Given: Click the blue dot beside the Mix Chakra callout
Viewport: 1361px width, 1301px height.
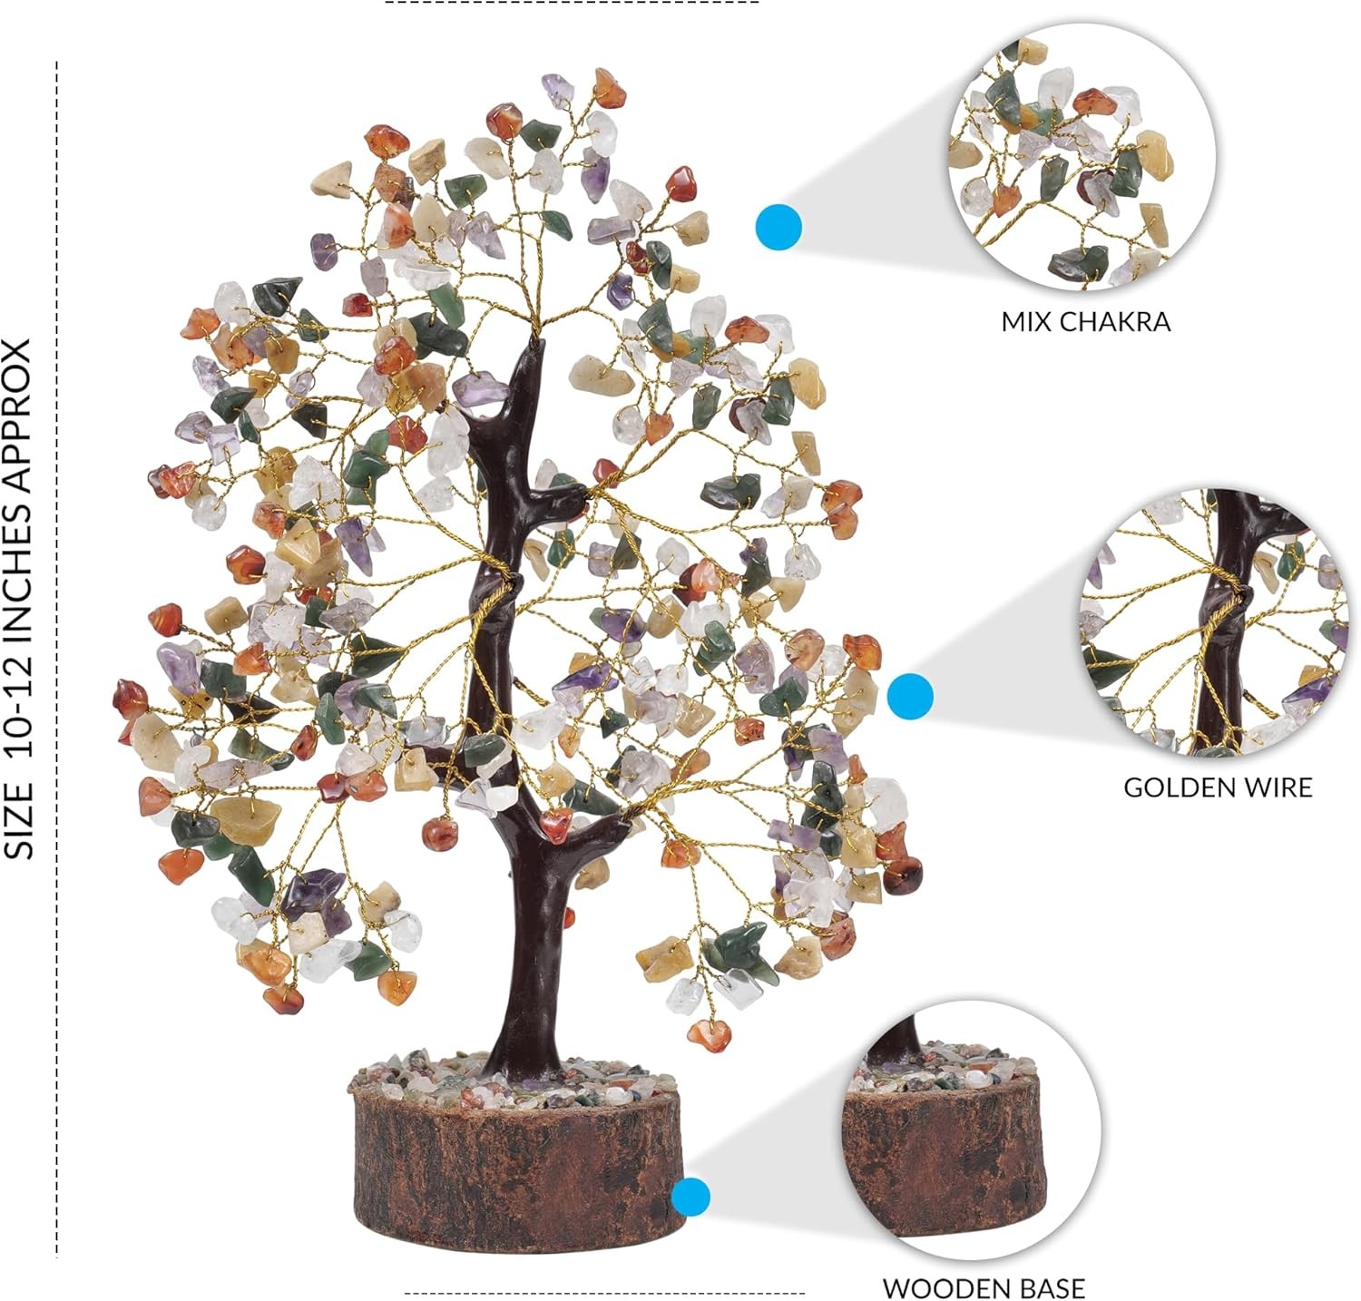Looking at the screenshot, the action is pos(778,227).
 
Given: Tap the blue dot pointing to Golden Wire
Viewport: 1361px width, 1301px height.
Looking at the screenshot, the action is pos(910,696).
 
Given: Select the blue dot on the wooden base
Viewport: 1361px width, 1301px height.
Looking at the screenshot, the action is pos(691,1197).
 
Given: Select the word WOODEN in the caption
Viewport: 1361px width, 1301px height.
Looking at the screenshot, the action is pos(945,1288).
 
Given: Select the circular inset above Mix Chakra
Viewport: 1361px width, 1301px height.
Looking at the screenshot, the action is pos(1082,156).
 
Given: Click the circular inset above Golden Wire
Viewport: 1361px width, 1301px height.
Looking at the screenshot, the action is pos(1214,622).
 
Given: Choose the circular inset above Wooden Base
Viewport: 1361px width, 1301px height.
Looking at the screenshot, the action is pos(972,1130).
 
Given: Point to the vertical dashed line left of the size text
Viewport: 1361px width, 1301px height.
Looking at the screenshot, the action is pos(57,660).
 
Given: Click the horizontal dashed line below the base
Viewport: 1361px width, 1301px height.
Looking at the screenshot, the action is pos(604,1293).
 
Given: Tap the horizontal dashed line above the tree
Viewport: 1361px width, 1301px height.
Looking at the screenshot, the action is pos(573,3).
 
